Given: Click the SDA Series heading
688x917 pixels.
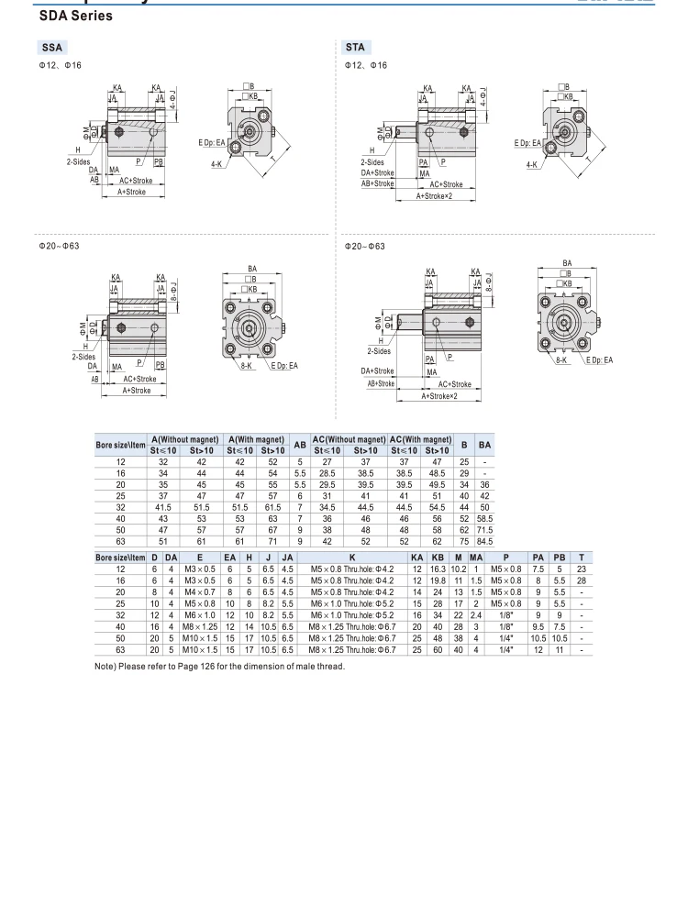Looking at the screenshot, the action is [x=75, y=16].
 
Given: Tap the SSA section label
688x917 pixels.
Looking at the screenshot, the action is [x=52, y=48].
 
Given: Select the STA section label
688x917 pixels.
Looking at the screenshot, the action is [x=355, y=47].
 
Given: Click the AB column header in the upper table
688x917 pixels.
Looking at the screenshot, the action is [x=300, y=445].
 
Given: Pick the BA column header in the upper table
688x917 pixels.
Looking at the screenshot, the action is [x=484, y=445].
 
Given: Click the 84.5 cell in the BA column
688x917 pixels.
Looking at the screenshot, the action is [x=484, y=542].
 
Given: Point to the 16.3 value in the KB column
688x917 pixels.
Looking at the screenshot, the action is [x=438, y=569].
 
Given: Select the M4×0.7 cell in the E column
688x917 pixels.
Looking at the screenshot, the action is [x=199, y=591].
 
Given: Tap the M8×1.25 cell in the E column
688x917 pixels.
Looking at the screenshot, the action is [x=199, y=627].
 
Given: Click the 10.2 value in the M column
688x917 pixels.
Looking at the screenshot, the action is [x=458, y=569].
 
